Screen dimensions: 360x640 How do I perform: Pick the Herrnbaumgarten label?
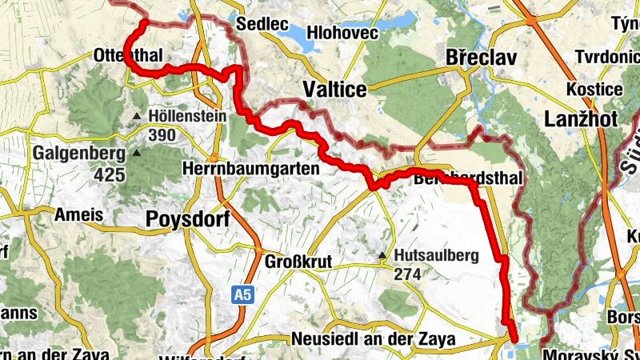(x=250, y=170)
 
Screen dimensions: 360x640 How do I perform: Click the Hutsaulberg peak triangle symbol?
(x=383, y=257)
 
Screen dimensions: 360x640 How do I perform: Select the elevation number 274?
(x=407, y=274)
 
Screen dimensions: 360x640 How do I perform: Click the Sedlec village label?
(x=267, y=25)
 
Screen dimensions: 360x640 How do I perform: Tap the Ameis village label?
(x=79, y=214)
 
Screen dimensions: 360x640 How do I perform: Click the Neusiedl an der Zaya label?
(x=374, y=339)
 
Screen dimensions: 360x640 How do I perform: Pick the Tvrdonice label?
(x=607, y=58)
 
